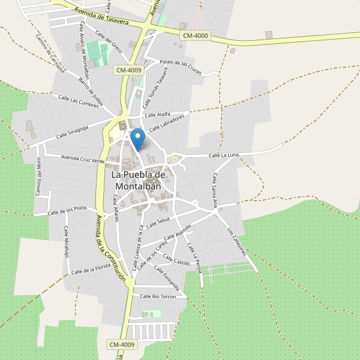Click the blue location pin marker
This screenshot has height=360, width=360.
[138, 139]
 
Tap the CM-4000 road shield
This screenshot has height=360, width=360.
[195, 36]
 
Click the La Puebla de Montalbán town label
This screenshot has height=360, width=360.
[138, 180]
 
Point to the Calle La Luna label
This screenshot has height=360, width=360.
[224, 155]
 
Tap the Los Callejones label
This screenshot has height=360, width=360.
[237, 241]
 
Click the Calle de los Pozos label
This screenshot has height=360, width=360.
[68, 211]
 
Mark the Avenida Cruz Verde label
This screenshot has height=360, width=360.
[83, 159]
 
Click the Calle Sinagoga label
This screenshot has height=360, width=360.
[73, 132]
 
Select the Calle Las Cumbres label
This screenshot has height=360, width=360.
[77, 101]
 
